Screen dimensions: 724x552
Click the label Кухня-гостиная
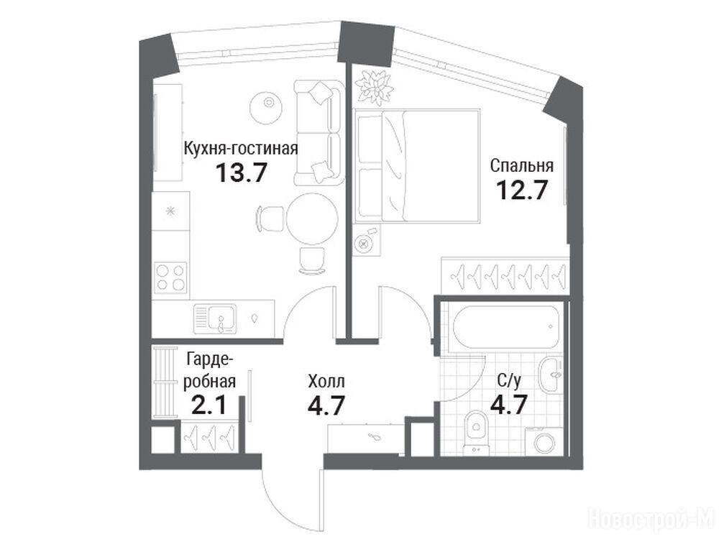pos(241,149)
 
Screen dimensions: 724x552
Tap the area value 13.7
pos(242,173)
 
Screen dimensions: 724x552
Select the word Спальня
pos(522,165)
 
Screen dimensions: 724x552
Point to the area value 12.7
pos(522,190)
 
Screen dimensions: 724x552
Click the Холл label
pos(326,382)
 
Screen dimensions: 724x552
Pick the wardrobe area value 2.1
pos(209,405)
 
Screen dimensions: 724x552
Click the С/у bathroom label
pos(509,381)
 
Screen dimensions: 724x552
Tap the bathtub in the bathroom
pos(506,326)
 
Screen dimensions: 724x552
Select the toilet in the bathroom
pos(475,430)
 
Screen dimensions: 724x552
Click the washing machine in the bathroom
pos(544,442)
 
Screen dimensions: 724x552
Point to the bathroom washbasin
pos(551,374)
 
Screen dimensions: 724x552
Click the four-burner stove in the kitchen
pos(171,278)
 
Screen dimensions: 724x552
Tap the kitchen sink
pos(215,318)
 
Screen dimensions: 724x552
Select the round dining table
pos(312,218)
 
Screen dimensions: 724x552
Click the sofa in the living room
pos(319,132)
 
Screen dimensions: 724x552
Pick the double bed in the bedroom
pos(418,165)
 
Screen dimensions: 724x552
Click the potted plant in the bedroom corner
pos(374,87)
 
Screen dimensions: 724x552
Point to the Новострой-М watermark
pos(651,518)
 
